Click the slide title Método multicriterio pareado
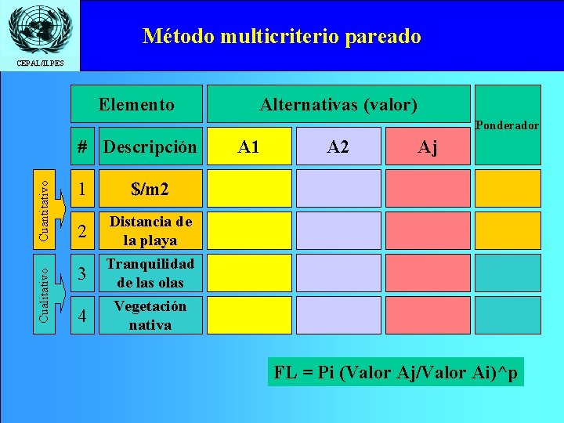coord(282,36)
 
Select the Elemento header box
coord(136,104)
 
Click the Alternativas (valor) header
coord(338,104)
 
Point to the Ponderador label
coord(508,125)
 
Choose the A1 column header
coord(249,146)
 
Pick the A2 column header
coord(338,146)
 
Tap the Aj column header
coord(428,146)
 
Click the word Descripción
coord(150,146)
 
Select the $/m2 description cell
coord(150,189)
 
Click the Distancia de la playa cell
coord(150,230)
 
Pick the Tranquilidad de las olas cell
coord(150,273)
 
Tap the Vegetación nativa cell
coord(150,315)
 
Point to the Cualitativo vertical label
coord(47,290)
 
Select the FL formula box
coord(396,372)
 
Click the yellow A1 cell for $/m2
coord(249,189)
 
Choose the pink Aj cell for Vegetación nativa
coord(428,315)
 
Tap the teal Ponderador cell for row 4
coord(508,315)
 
